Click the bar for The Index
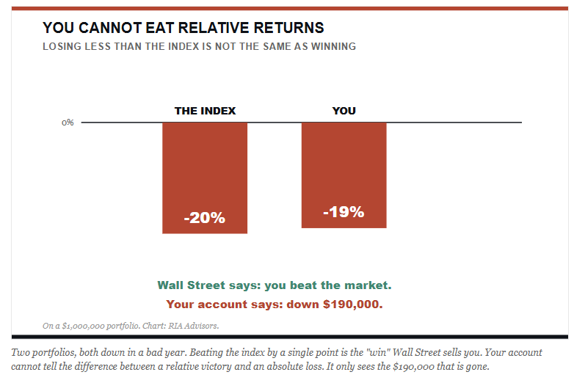(205, 178)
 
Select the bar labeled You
(344, 175)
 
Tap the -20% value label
(205, 218)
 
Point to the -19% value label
(344, 212)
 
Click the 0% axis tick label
(68, 123)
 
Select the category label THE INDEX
(206, 111)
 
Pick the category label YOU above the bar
(344, 111)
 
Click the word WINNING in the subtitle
(333, 46)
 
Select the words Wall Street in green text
(192, 285)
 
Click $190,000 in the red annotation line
(353, 304)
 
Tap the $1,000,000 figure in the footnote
(83, 326)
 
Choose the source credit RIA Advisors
(193, 326)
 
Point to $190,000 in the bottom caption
(413, 367)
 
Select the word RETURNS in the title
(288, 28)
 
